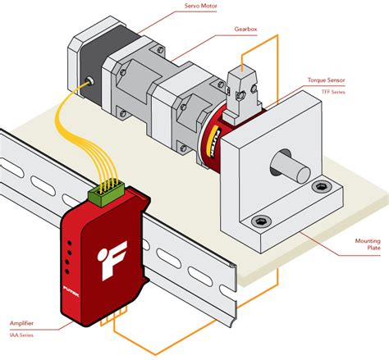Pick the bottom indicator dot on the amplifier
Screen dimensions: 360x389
coord(71,271)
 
